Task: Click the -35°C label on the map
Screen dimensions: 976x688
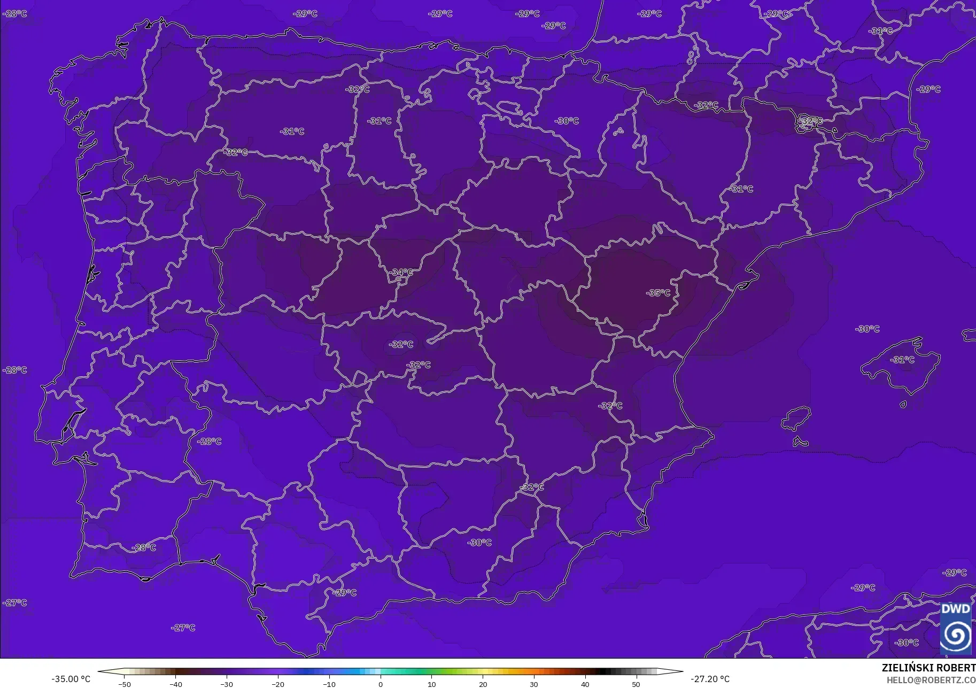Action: pyautogui.click(x=658, y=293)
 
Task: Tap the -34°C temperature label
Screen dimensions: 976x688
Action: pyautogui.click(x=401, y=273)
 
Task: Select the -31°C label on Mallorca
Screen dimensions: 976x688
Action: pyautogui.click(x=902, y=360)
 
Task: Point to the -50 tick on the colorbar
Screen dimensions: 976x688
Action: pyautogui.click(x=125, y=684)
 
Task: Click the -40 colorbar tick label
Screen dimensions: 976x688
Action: pyautogui.click(x=176, y=684)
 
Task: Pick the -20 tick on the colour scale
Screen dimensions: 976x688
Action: pyautogui.click(x=278, y=684)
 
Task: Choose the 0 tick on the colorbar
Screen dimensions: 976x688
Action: pyautogui.click(x=381, y=684)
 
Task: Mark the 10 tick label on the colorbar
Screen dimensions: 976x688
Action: pyautogui.click(x=431, y=684)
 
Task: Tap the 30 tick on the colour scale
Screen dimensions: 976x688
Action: pyautogui.click(x=534, y=684)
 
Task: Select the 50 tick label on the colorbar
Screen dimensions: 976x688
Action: pyautogui.click(x=636, y=684)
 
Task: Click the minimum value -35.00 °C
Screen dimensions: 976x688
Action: pyautogui.click(x=71, y=679)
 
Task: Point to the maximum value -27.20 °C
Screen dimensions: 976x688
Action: pyautogui.click(x=710, y=679)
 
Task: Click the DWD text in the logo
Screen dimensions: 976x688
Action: pyautogui.click(x=956, y=609)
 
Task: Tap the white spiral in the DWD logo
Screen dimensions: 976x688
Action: pyautogui.click(x=956, y=636)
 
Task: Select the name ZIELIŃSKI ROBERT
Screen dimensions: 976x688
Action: pyautogui.click(x=928, y=668)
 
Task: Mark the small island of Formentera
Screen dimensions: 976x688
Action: pyautogui.click(x=800, y=442)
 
